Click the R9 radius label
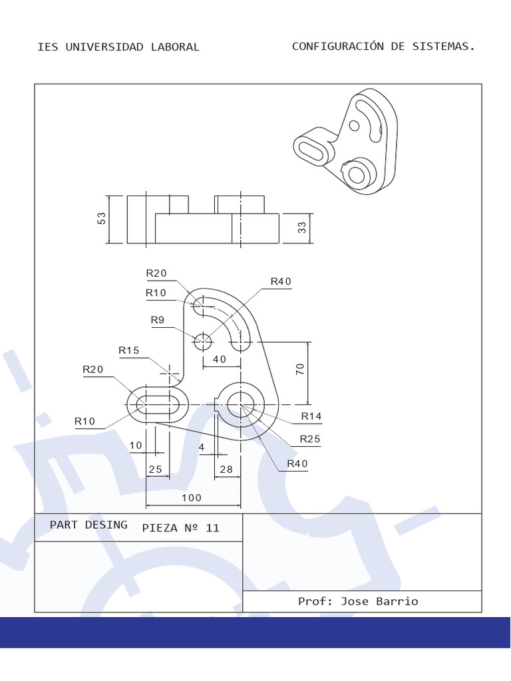click(158, 320)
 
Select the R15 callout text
click(129, 350)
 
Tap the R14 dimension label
click(311, 416)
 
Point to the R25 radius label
click(309, 438)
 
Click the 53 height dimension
click(102, 219)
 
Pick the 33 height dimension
click(302, 227)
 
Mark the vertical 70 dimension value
click(300, 370)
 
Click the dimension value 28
click(226, 469)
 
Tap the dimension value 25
click(156, 469)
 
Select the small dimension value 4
click(202, 448)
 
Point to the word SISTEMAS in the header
click(443, 46)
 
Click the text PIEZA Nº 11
click(180, 528)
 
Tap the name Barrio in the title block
click(398, 601)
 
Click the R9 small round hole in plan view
click(202, 342)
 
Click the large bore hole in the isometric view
click(357, 175)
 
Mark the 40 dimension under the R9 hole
click(219, 359)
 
